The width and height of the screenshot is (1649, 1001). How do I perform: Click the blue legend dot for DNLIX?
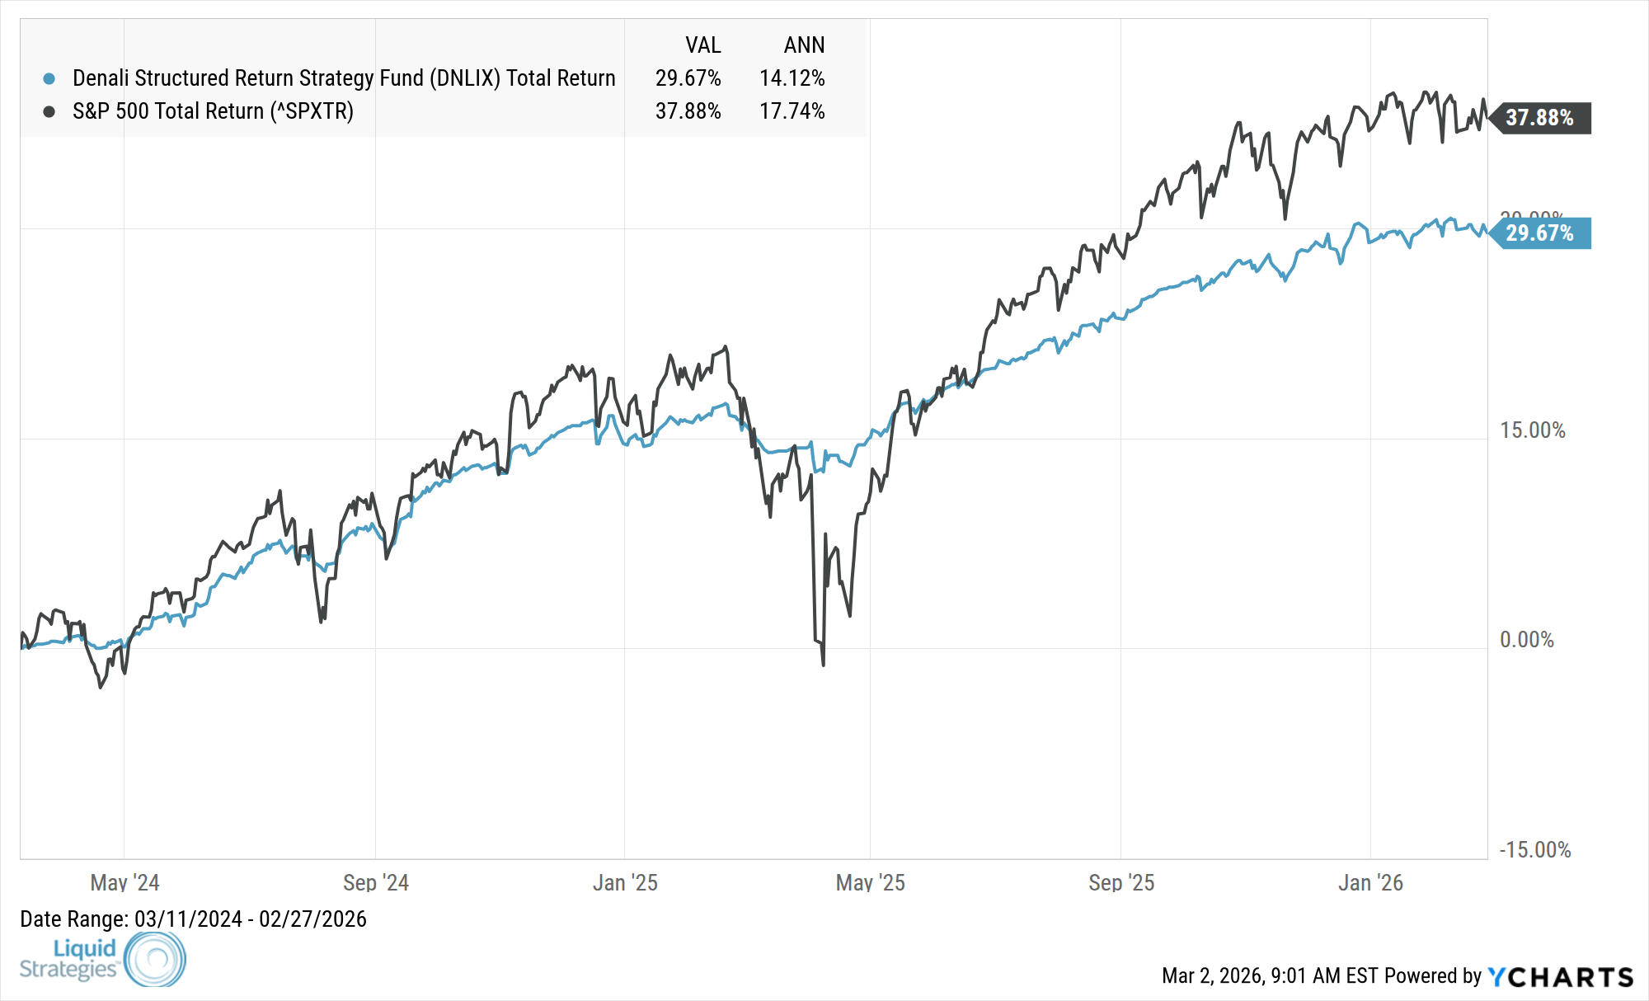[x=49, y=78]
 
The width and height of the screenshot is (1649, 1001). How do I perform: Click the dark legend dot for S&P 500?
[x=49, y=111]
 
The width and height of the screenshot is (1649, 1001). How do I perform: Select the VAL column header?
[x=702, y=45]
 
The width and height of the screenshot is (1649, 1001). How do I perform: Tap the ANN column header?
[x=804, y=45]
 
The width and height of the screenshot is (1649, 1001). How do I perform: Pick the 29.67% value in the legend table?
[x=688, y=78]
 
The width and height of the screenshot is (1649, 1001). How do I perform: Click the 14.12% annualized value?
[x=792, y=78]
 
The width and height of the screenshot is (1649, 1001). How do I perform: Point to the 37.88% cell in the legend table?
[x=688, y=111]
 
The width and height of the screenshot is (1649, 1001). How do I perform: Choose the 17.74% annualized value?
[x=792, y=111]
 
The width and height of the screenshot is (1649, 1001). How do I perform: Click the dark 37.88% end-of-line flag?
[x=1539, y=118]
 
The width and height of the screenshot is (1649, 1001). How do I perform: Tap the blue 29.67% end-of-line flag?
[x=1539, y=233]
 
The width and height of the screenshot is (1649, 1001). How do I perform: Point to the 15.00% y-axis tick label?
[x=1532, y=430]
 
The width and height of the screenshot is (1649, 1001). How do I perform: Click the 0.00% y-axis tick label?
[x=1526, y=640]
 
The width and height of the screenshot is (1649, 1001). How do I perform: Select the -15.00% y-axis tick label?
[x=1534, y=850]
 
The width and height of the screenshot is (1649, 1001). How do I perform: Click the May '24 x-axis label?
[x=124, y=883]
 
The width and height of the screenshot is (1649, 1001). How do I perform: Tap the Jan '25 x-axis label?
[x=625, y=883]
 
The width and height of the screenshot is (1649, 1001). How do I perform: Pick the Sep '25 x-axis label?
[x=1121, y=883]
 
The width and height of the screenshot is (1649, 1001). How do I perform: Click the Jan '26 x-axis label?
[x=1370, y=883]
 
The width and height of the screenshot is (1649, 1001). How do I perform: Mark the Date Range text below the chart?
[x=193, y=919]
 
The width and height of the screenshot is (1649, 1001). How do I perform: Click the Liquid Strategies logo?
[x=102, y=959]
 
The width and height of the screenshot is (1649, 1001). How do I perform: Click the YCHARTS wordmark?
[x=1560, y=977]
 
